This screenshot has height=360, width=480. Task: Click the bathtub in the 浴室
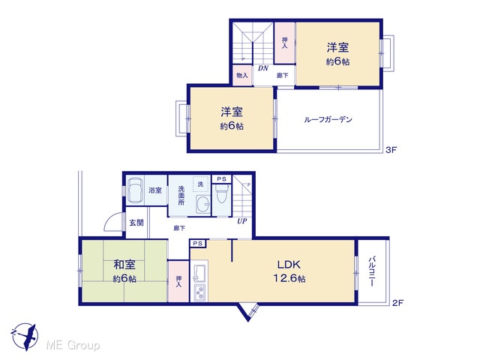coord(135,190)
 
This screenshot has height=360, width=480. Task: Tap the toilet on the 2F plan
coord(221,193)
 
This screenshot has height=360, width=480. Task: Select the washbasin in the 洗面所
coord(203,204)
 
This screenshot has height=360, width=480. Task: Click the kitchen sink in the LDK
coord(199,273)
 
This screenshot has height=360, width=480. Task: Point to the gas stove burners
coord(200,292)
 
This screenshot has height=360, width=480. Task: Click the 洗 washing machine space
coord(201,184)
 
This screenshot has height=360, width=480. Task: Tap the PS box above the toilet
coord(222,179)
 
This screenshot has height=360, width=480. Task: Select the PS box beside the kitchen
coord(198,243)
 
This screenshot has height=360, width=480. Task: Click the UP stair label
coord(241,221)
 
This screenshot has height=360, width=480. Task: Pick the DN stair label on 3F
coord(263,68)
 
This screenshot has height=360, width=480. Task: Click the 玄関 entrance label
coord(136,223)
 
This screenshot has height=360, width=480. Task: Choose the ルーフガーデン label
coord(328,119)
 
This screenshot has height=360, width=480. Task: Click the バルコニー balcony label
coord(372,271)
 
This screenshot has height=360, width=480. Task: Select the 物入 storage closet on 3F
coord(242,75)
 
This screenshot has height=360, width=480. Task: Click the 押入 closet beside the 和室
coord(178,281)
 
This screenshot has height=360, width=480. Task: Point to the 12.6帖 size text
coord(289,278)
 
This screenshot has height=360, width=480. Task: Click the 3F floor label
coord(391,150)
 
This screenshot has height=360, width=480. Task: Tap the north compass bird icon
coord(25,337)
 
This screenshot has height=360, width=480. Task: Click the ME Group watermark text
coord(73,346)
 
